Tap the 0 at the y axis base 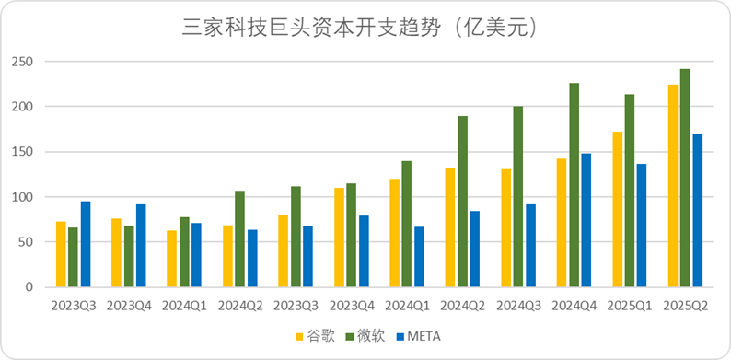coord(29,287)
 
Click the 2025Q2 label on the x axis coord(685,305)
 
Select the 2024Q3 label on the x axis coord(519,305)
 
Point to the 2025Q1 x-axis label coord(630,305)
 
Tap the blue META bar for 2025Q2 coord(697,211)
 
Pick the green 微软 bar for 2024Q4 coord(574,185)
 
